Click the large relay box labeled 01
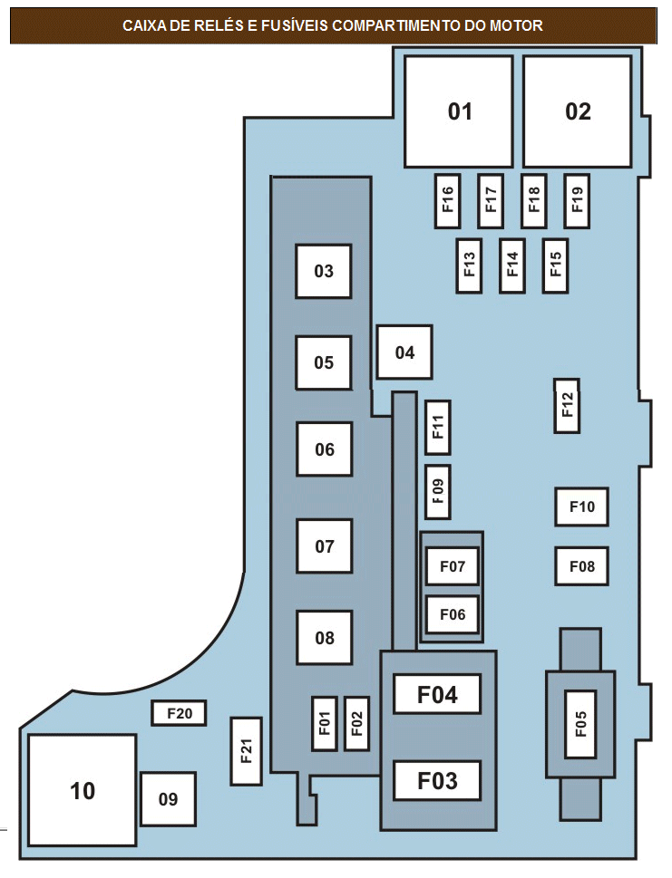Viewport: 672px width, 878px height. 459,111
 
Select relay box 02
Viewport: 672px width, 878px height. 578,111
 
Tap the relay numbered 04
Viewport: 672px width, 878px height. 404,352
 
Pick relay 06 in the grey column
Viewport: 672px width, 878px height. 325,449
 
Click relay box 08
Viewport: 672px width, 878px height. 325,637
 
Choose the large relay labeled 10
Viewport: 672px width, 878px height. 83,790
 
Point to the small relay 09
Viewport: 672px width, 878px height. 168,799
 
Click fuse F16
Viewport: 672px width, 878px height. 447,200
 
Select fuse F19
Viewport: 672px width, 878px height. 577,200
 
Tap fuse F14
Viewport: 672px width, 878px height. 512,265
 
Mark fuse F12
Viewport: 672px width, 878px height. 567,405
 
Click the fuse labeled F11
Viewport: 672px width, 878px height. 438,428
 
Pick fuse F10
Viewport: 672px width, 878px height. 581,507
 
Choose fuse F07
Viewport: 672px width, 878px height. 453,566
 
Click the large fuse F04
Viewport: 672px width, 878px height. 437,694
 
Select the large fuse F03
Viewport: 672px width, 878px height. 437,780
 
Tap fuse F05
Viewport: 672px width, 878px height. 580,724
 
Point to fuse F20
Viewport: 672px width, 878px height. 180,713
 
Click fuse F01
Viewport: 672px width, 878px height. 325,723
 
